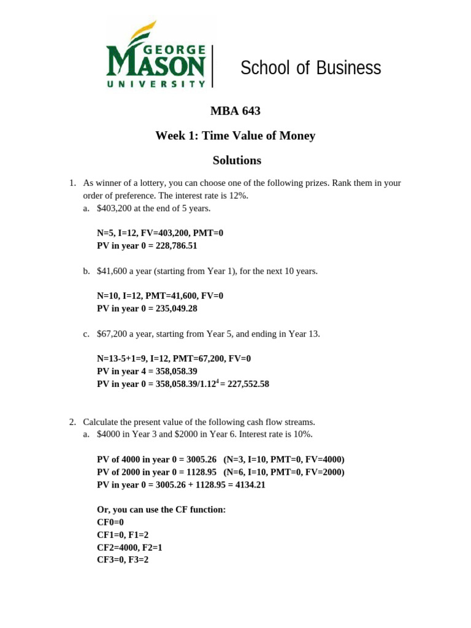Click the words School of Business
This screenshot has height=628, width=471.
[x=310, y=68]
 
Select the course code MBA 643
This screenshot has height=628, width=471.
[x=235, y=111]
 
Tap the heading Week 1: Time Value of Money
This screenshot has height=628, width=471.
[x=235, y=136]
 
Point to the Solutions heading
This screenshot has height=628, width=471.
[x=237, y=161]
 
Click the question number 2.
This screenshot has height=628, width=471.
[x=72, y=422]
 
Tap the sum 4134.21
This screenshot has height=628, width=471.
[x=251, y=484]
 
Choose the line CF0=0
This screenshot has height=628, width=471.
[x=110, y=522]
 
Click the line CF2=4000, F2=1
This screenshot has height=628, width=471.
[x=129, y=547]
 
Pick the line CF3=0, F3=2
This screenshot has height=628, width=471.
[x=123, y=560]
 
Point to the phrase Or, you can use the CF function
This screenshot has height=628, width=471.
[x=161, y=510]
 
